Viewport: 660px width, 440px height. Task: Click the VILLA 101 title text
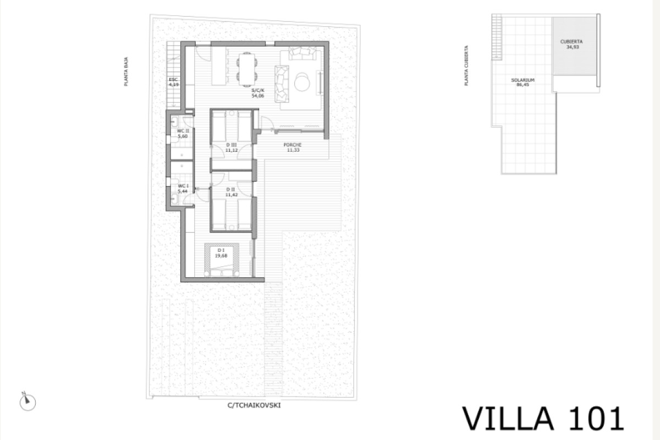click(543, 419)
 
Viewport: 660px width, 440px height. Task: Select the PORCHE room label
click(293, 145)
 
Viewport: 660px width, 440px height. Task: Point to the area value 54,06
click(257, 95)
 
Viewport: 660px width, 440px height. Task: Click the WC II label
click(183, 130)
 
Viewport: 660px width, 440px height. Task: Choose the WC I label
click(183, 186)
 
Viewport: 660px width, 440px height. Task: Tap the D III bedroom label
click(231, 145)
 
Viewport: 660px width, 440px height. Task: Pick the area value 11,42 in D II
click(231, 194)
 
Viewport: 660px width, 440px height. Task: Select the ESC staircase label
click(173, 80)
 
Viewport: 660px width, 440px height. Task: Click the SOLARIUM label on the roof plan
click(522, 80)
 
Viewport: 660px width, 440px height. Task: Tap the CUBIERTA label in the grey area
click(571, 41)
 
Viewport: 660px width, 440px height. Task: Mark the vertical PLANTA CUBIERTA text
click(466, 65)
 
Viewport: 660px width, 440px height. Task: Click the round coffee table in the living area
click(302, 82)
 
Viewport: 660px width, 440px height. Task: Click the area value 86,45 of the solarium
click(522, 85)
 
